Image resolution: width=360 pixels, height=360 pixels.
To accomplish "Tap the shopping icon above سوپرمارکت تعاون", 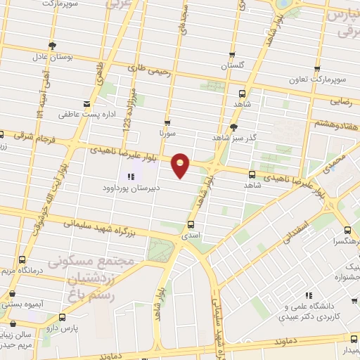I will [317, 70].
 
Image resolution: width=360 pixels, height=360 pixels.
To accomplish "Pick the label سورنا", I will [167, 132].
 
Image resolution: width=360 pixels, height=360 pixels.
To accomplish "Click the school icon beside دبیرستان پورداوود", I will [131, 176].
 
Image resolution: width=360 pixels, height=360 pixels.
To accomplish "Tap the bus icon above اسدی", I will [191, 225].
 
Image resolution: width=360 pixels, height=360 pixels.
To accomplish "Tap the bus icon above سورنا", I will [167, 122].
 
